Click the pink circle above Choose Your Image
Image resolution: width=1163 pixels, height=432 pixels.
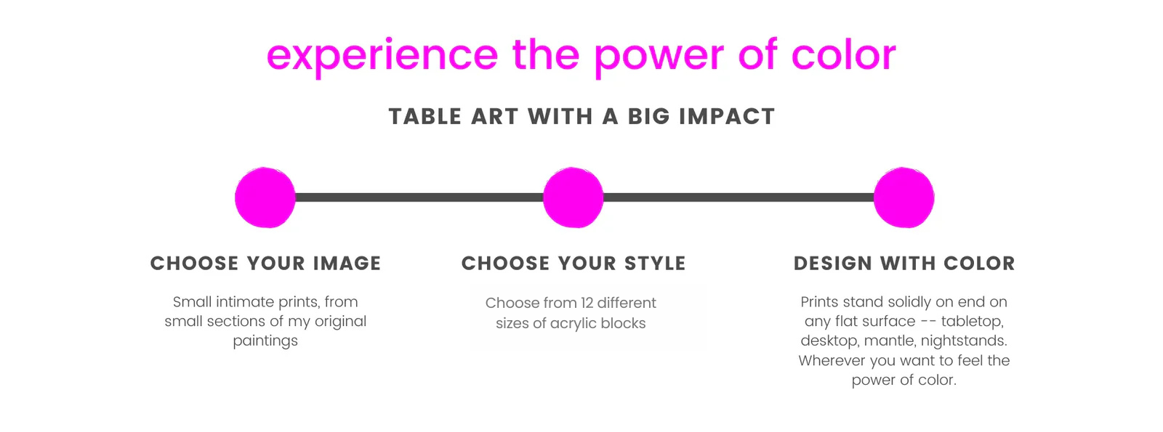tap(265, 197)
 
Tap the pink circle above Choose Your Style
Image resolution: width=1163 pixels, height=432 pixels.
tap(574, 197)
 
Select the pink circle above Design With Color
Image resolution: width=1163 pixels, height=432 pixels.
tap(904, 197)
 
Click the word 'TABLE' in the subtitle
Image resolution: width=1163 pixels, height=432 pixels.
tap(424, 116)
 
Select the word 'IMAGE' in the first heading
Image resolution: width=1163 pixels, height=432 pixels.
tap(347, 264)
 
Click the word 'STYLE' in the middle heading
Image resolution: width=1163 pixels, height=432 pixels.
tap(655, 264)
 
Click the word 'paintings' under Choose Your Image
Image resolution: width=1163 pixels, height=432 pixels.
tap(265, 341)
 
